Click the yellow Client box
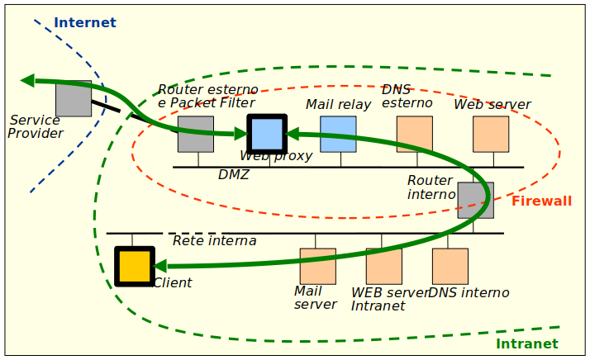[134, 266]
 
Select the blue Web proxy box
[267, 133]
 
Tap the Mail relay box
[338, 134]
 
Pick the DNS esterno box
[414, 134]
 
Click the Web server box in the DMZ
[491, 134]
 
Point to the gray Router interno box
[476, 200]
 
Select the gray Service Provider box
[74, 98]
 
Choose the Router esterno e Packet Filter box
[196, 134]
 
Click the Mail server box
[317, 266]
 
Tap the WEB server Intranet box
[383, 266]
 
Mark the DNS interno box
[450, 266]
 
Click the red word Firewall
[541, 201]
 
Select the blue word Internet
[85, 22]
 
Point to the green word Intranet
[526, 343]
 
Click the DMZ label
[233, 175]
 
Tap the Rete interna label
[214, 241]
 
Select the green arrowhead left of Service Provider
[27, 80]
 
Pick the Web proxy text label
[276, 156]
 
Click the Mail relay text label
[338, 104]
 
